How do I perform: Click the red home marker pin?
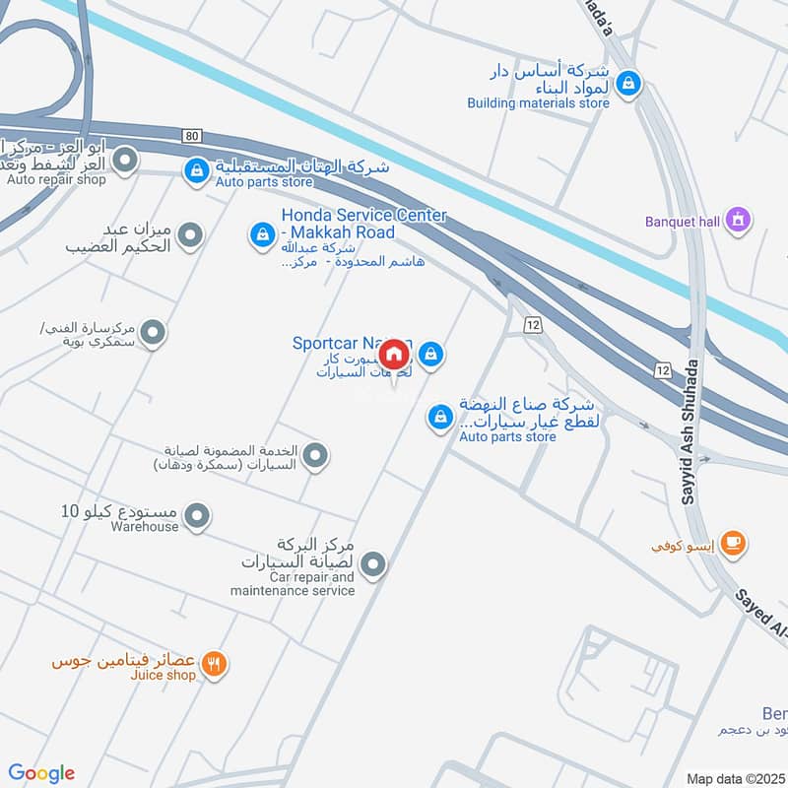394,354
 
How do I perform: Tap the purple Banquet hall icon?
737,222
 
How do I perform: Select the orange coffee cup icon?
732,543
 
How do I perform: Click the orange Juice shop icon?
213,665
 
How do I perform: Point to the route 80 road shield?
191,135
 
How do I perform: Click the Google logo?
41,773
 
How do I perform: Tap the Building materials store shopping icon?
627,86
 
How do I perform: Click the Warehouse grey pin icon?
197,514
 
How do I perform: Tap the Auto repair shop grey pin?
124,161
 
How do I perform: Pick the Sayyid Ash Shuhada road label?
689,433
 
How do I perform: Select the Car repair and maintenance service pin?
372,564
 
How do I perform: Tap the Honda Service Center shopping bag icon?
262,233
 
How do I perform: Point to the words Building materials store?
538,102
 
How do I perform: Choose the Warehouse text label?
146,527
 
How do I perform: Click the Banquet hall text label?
683,222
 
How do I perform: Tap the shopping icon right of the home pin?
430,355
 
